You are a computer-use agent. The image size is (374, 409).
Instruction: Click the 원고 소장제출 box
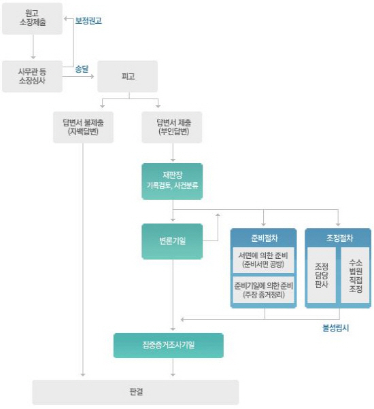33,18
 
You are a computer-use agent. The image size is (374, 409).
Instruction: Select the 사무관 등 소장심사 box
33,76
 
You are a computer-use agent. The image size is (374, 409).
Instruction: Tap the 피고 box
128,76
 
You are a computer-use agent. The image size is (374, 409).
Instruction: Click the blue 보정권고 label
88,20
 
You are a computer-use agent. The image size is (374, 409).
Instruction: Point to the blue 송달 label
82,69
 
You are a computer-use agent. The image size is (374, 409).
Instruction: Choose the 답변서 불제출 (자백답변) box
83,127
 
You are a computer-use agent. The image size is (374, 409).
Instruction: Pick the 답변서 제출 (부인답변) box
172,127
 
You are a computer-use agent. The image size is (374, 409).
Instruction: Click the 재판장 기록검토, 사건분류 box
172,181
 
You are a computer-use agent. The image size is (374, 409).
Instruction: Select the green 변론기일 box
172,241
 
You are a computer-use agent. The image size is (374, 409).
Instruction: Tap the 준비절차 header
264,238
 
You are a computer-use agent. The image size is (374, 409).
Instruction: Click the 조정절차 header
338,238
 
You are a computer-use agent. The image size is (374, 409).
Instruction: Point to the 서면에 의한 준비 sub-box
264,260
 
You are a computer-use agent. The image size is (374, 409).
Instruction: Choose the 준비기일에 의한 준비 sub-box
264,290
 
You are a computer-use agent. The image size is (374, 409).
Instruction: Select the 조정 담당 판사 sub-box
322,275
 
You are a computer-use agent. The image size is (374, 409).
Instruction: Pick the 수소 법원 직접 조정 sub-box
356,275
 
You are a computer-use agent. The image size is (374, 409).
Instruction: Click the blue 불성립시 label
336,328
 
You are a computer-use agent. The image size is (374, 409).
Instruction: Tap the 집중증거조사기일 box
169,345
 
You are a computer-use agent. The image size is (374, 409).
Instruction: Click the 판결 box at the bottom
136,392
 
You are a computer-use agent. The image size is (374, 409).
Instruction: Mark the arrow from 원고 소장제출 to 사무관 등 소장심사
33,47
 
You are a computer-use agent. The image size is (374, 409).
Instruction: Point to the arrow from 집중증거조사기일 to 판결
173,368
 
